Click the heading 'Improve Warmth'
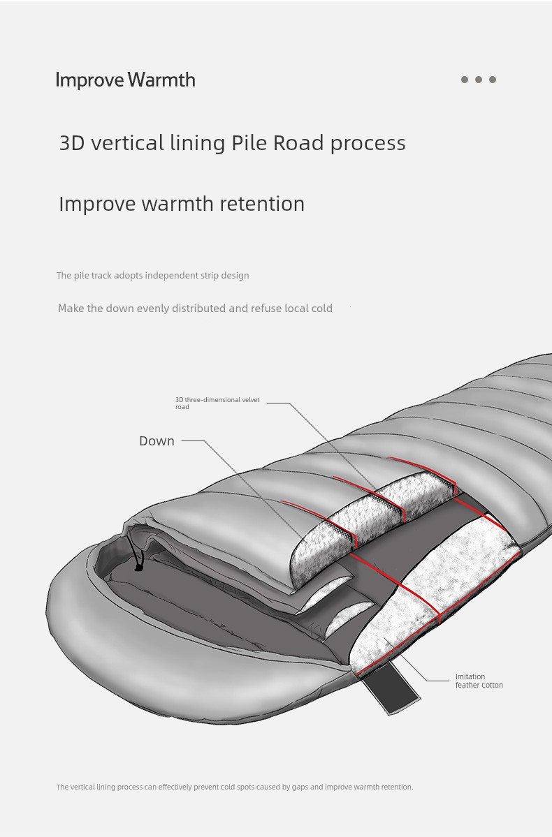coord(126,80)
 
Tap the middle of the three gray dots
coord(479,80)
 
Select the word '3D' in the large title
coord(71,142)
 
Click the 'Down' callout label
coord(157,441)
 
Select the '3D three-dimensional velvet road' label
coord(217,403)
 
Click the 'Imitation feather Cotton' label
coord(479,681)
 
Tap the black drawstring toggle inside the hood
coord(138,565)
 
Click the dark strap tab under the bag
coord(391,688)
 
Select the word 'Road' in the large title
coord(298,142)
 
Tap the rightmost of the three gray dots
coord(493,80)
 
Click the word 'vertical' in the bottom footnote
coord(85,787)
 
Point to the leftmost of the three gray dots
coord(465,80)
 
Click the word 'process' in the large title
coord(368,143)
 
